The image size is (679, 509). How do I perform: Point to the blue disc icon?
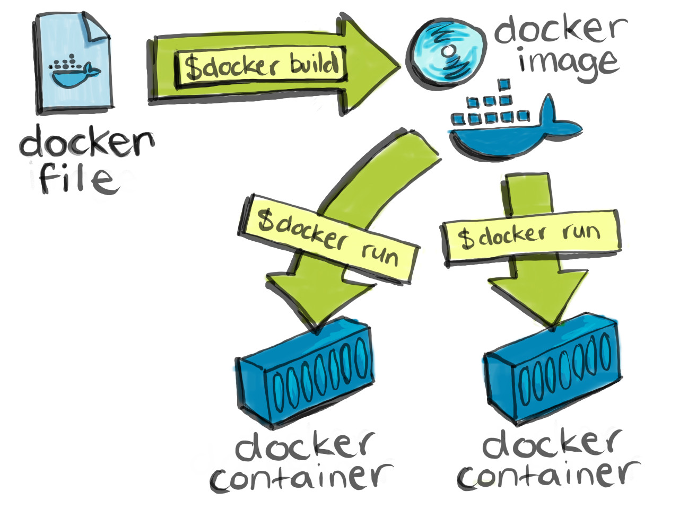(447, 53)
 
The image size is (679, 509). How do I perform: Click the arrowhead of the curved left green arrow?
(318, 302)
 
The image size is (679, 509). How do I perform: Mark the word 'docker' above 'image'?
(560, 29)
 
